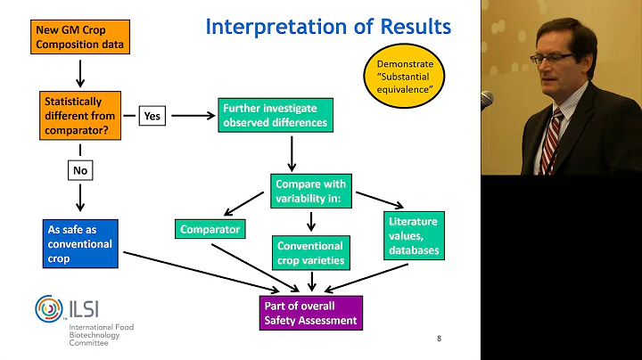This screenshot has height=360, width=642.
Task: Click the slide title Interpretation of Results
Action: [x=328, y=27]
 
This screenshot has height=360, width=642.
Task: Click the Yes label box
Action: [x=152, y=115]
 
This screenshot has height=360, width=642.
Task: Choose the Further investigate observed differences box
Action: [x=275, y=115]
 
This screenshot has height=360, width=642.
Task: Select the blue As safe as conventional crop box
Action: [x=79, y=243]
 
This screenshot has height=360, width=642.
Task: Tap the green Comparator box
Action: [x=210, y=229]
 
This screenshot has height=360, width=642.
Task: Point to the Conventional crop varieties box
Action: [x=310, y=253]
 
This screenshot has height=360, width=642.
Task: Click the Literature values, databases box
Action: [x=413, y=235]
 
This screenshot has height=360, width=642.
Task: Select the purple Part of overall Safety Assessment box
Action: [x=309, y=313]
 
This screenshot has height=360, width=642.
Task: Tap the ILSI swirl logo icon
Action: [x=49, y=308]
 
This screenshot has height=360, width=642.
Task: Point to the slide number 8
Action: [x=439, y=339]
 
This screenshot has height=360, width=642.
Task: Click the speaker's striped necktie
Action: [x=551, y=141]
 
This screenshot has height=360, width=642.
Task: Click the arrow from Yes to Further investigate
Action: [x=192, y=115]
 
